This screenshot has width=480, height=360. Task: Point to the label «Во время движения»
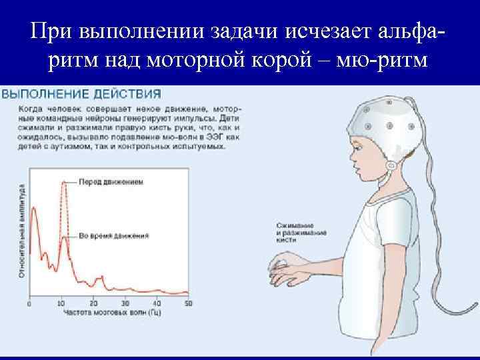coord(113,235)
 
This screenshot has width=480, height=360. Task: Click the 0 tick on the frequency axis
coord(29,303)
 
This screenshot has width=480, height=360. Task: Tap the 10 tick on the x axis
coord(62,303)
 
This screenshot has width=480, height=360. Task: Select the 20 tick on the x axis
coord(93,303)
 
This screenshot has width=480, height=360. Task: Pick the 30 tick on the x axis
coord(125,303)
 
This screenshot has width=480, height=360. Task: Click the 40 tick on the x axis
coord(157,303)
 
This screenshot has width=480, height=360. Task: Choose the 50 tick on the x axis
coord(189,303)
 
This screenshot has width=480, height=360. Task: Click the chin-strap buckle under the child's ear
coord(391,166)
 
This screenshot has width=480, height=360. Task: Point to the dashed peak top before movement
coord(64,182)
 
